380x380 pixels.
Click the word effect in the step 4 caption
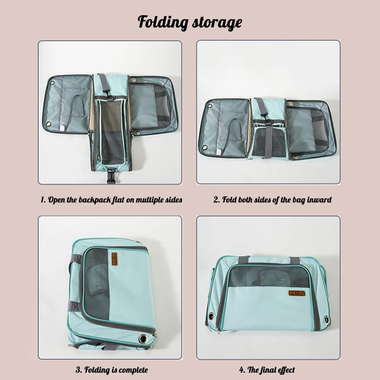point(284,370)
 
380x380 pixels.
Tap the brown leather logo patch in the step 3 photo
point(114,257)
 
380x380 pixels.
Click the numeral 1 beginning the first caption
point(42,199)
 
